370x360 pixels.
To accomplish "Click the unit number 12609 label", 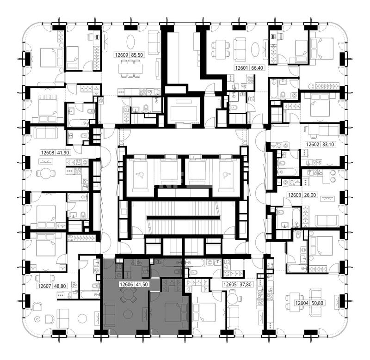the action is click(x=121, y=55).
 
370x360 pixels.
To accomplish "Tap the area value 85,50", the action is click(x=137, y=55).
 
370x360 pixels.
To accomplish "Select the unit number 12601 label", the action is click(x=241, y=68).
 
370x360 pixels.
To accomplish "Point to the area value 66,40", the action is click(x=257, y=68).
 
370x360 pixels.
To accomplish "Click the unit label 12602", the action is click(x=313, y=144).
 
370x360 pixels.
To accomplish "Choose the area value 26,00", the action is click(x=310, y=195).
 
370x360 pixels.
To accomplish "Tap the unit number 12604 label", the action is click(x=302, y=303).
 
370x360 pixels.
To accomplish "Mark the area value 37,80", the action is click(x=246, y=284).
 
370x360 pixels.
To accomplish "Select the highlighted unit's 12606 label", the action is click(x=126, y=284).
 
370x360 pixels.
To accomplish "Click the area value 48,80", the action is click(x=60, y=286).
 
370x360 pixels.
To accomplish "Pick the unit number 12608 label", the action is click(x=48, y=153).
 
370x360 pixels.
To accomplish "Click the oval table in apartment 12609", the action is click(x=131, y=42).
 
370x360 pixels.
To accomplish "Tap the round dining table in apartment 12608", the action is click(x=46, y=174).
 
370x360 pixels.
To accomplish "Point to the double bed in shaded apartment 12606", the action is click(x=173, y=312).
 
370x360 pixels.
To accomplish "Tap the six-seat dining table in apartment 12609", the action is click(x=130, y=68).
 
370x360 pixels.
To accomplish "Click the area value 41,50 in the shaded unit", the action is click(x=142, y=284).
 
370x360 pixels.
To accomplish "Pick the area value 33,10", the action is click(x=328, y=144).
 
